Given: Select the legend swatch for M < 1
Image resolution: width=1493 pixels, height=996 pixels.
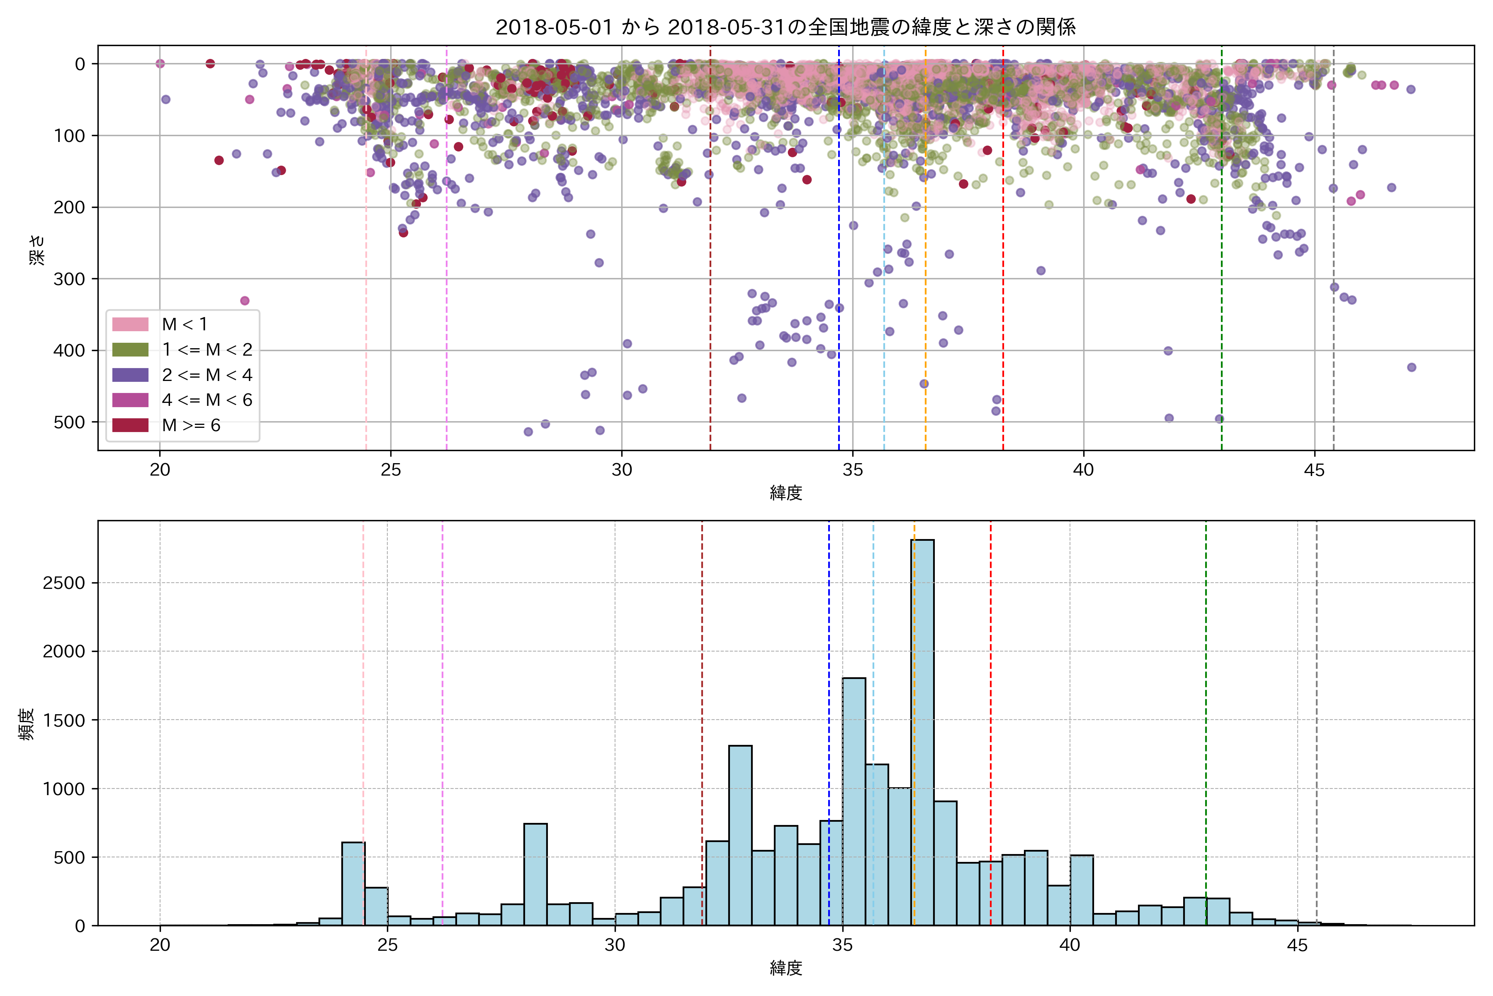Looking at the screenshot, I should click(x=130, y=325).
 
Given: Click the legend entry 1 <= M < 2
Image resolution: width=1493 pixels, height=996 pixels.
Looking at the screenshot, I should click(x=207, y=350).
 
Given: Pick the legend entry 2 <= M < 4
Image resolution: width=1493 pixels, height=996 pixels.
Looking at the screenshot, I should click(x=207, y=375).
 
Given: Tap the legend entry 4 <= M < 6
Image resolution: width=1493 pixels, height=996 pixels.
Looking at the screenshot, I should click(x=207, y=400).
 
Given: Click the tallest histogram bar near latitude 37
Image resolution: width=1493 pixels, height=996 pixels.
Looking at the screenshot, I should click(x=922, y=730).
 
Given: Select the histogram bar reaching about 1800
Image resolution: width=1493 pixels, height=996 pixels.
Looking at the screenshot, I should click(x=854, y=801).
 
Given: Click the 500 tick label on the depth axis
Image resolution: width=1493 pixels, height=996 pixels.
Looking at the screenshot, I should click(x=69, y=422).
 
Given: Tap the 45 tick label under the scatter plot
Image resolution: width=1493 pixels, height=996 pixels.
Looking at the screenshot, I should click(x=1315, y=471).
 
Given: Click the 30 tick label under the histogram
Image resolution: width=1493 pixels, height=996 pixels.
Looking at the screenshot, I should click(x=615, y=946).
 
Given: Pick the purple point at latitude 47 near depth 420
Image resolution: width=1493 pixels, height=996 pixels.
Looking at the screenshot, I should click(x=1412, y=367).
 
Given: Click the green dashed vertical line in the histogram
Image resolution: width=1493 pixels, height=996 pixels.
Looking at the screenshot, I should click(x=1206, y=699).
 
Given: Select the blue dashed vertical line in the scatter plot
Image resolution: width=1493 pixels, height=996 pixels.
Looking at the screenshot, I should click(x=839, y=254).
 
